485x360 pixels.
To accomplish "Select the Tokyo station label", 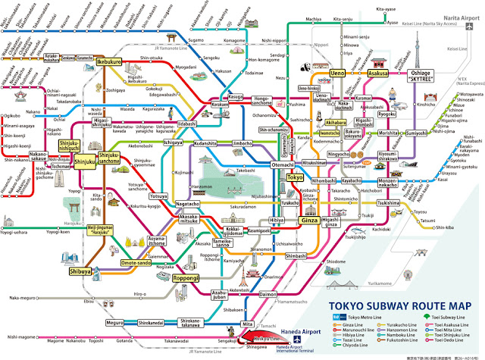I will click(295, 177).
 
